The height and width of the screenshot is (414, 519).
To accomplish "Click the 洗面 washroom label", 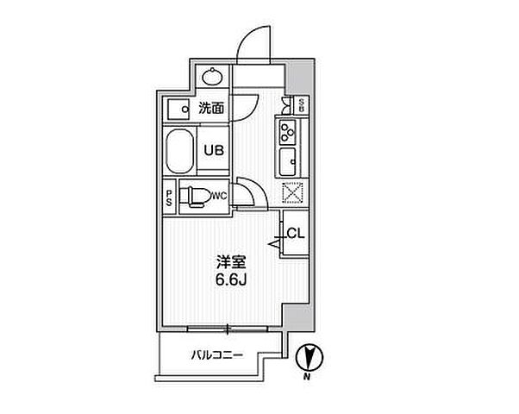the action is click(x=211, y=108).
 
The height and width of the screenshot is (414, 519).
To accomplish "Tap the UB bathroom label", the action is click(x=214, y=151).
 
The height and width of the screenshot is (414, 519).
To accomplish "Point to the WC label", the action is click(x=219, y=196).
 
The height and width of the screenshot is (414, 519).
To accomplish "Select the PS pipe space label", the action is click(x=169, y=198).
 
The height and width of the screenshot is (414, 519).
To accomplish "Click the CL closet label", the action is click(x=295, y=234).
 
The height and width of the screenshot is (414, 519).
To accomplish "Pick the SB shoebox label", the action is click(x=302, y=104).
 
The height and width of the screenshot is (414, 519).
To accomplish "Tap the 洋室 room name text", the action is click(x=231, y=262).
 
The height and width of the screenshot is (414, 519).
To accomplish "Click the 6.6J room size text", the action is click(x=231, y=280).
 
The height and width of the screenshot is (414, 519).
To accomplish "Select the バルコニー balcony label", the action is click(x=217, y=355).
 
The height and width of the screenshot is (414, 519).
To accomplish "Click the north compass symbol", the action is click(x=309, y=358).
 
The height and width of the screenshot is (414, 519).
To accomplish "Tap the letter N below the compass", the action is click(x=308, y=377).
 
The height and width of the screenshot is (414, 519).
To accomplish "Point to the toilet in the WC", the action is click(x=196, y=197).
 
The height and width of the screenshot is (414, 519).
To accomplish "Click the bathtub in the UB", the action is click(x=179, y=151).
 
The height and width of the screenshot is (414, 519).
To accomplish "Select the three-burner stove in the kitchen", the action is click(x=287, y=132).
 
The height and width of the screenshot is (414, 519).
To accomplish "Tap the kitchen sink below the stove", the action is click(x=287, y=161).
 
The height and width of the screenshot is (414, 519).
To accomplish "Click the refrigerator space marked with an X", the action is click(x=292, y=192).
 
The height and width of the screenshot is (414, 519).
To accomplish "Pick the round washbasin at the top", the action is click(x=211, y=77).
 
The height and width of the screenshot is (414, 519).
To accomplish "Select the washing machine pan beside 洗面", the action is click(x=178, y=109).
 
